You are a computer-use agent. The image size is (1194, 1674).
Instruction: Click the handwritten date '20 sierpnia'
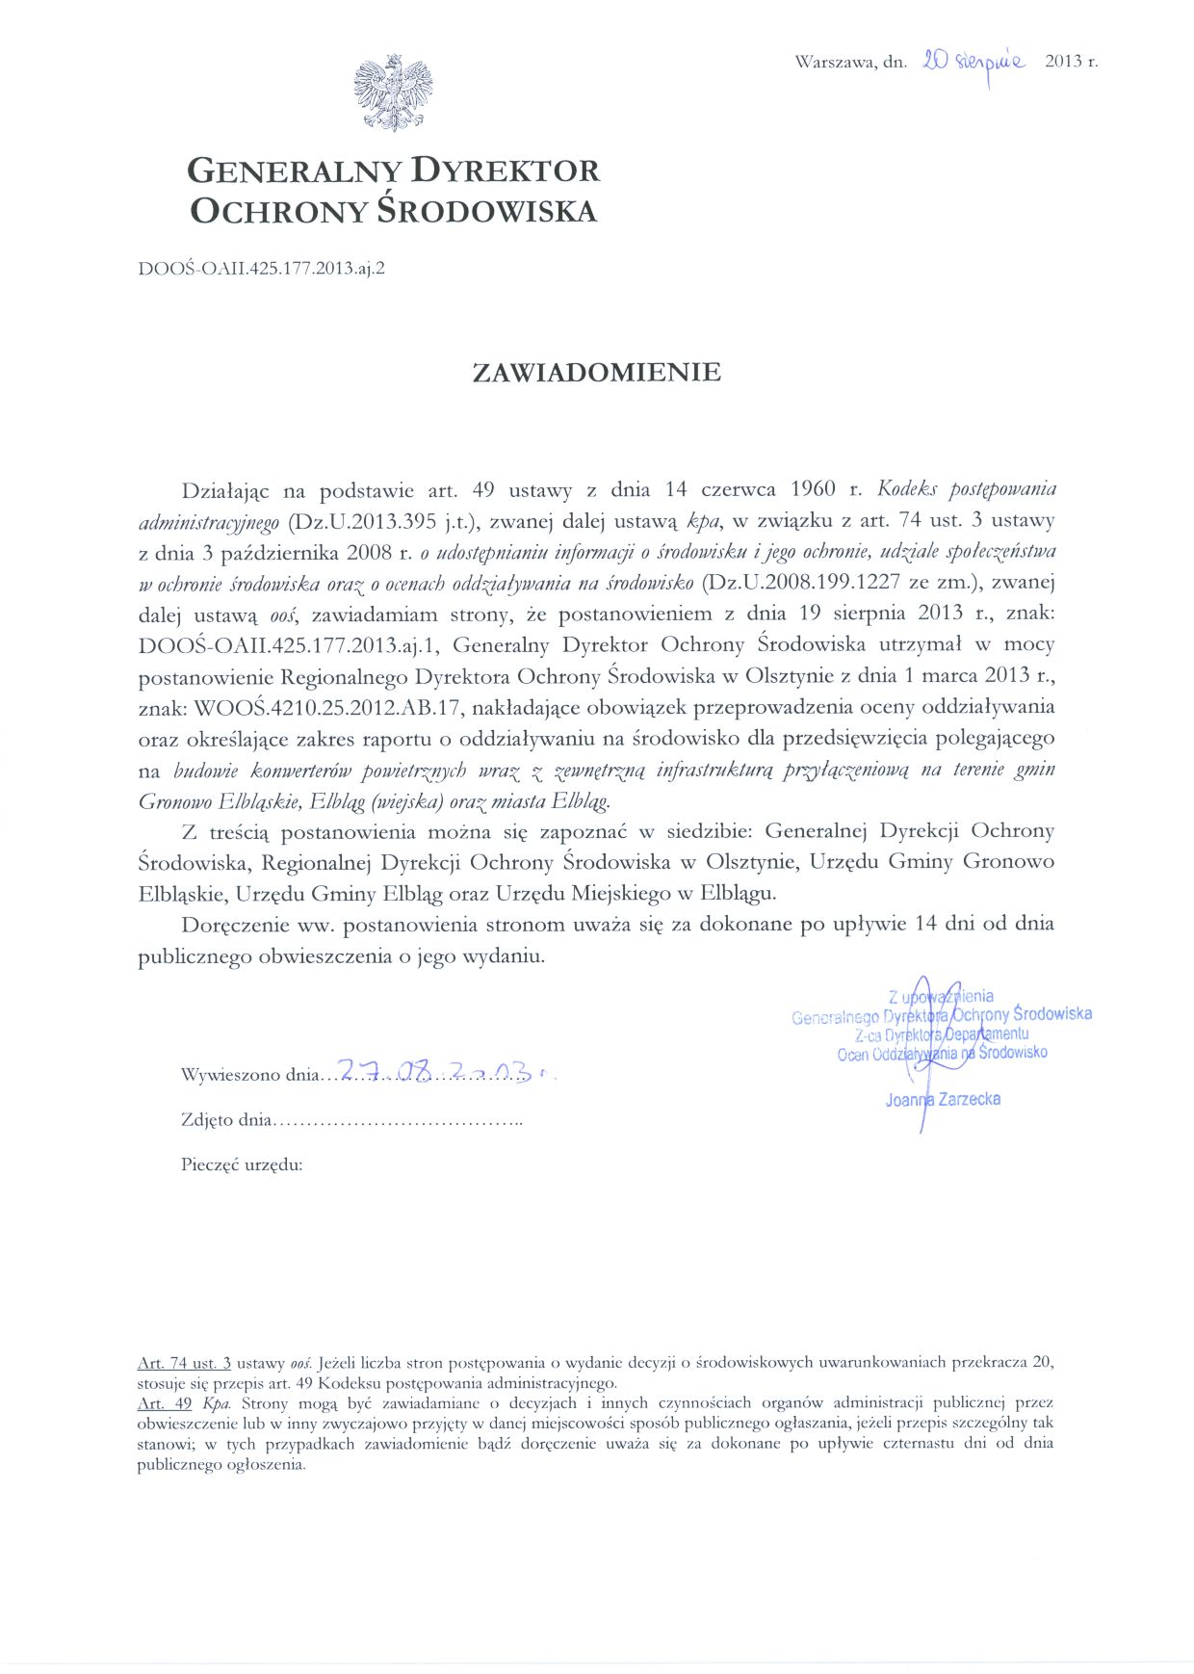click(x=973, y=61)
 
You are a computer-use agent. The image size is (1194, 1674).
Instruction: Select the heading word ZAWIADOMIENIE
click(x=597, y=373)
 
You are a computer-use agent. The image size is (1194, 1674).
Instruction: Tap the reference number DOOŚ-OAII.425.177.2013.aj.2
click(x=262, y=269)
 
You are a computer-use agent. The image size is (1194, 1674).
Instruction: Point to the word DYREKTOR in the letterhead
click(x=506, y=170)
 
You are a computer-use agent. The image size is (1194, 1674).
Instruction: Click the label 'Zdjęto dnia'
click(x=227, y=1120)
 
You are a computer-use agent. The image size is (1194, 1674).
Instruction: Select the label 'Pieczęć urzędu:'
click(x=242, y=1164)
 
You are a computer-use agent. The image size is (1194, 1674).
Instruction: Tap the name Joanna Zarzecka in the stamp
click(x=943, y=1099)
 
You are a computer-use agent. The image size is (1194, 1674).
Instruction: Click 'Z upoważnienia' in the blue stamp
click(x=941, y=996)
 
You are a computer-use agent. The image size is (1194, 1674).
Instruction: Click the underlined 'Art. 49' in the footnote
click(x=166, y=1403)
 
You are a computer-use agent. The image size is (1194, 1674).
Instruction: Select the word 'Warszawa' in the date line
click(x=835, y=63)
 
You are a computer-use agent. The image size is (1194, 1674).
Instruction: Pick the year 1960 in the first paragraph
click(x=811, y=489)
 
